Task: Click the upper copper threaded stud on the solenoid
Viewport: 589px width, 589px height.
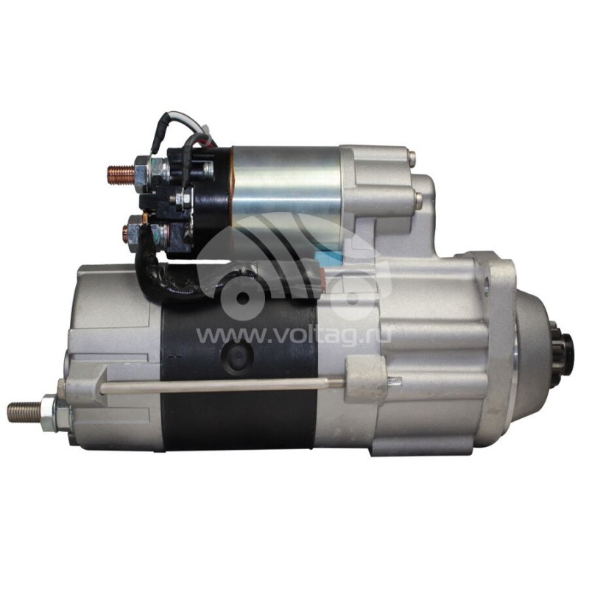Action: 121,174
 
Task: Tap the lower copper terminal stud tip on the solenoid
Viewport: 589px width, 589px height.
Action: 125,230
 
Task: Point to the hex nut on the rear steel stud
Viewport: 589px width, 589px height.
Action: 48,412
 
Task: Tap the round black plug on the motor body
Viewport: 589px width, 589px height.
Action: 237,355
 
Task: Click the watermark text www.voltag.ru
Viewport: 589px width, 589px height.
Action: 293,334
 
